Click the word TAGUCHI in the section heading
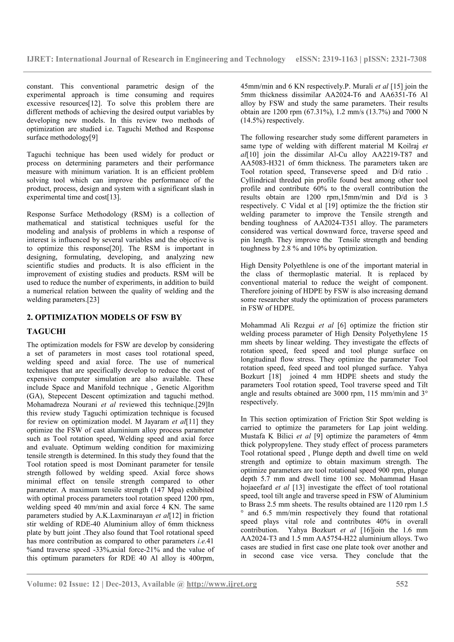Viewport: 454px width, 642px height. coord(46,331)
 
